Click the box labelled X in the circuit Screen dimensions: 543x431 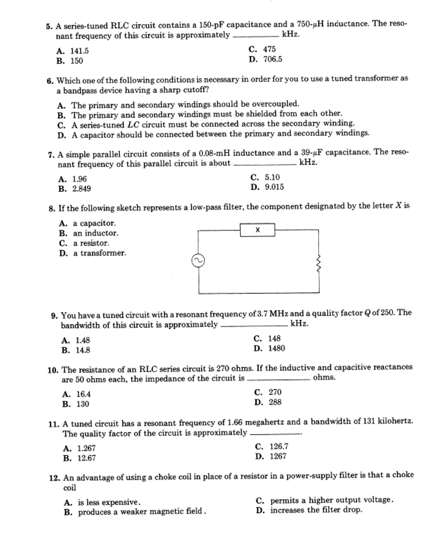[x=257, y=230]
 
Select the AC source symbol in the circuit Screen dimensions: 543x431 [x=197, y=261]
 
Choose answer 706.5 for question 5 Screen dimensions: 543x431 [x=273, y=59]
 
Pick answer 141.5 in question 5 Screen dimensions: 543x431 [x=80, y=51]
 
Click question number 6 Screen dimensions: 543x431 [x=50, y=80]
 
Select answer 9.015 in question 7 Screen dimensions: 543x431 [x=274, y=187]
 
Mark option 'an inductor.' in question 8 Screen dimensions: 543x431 [x=95, y=233]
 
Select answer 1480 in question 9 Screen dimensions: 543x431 [x=276, y=348]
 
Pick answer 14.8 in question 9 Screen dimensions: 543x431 [x=83, y=350]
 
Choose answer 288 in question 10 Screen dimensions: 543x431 [x=275, y=402]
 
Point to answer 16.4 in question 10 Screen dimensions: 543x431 [x=84, y=394]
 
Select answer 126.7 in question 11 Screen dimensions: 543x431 [x=279, y=446]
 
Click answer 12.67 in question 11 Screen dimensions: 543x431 [x=86, y=458]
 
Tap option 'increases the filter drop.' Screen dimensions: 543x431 [x=316, y=510]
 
